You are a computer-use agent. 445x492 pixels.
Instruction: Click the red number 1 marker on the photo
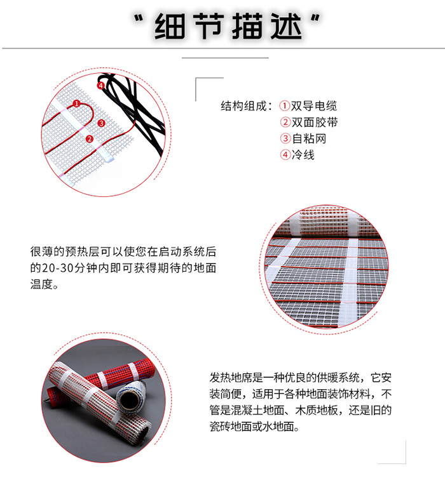76,103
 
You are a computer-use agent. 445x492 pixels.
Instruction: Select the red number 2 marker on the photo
89,139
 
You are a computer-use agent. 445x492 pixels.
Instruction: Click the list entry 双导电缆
313,106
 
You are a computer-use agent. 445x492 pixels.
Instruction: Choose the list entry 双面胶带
313,123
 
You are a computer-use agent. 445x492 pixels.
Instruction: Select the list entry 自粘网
308,138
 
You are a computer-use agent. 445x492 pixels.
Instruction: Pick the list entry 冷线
303,154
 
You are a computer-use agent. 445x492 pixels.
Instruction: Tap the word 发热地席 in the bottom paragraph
230,377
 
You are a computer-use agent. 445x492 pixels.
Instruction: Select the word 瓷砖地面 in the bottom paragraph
231,427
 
